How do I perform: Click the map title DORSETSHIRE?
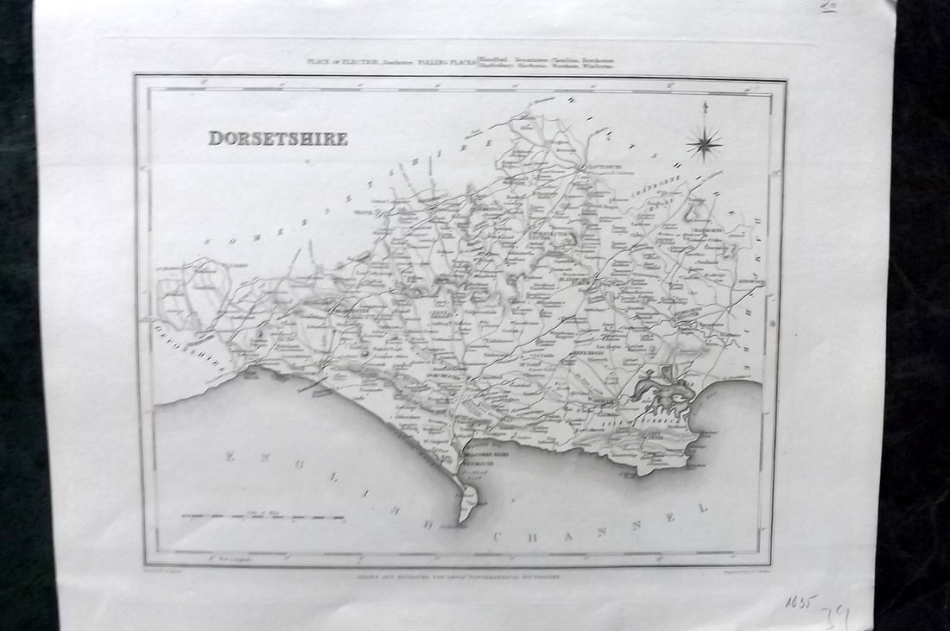[x=277, y=139]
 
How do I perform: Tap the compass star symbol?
[x=706, y=142]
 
